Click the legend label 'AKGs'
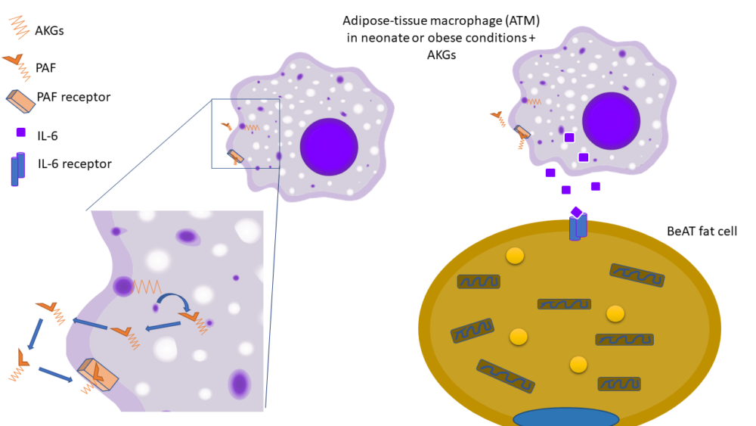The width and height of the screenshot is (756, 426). [51, 31]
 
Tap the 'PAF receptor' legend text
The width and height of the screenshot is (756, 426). [73, 97]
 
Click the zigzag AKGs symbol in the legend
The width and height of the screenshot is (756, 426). [19, 29]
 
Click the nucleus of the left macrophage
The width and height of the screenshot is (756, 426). [328, 146]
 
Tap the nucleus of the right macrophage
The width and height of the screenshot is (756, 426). [611, 120]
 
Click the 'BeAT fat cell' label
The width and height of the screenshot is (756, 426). [702, 231]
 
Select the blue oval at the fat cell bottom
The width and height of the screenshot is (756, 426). [565, 417]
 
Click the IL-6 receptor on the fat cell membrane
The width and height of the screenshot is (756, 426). [578, 227]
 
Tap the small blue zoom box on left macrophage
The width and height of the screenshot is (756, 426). [245, 133]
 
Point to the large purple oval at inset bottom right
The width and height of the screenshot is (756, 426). [240, 384]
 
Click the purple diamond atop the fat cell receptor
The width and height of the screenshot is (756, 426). [576, 213]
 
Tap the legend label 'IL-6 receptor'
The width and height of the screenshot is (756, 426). [75, 163]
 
